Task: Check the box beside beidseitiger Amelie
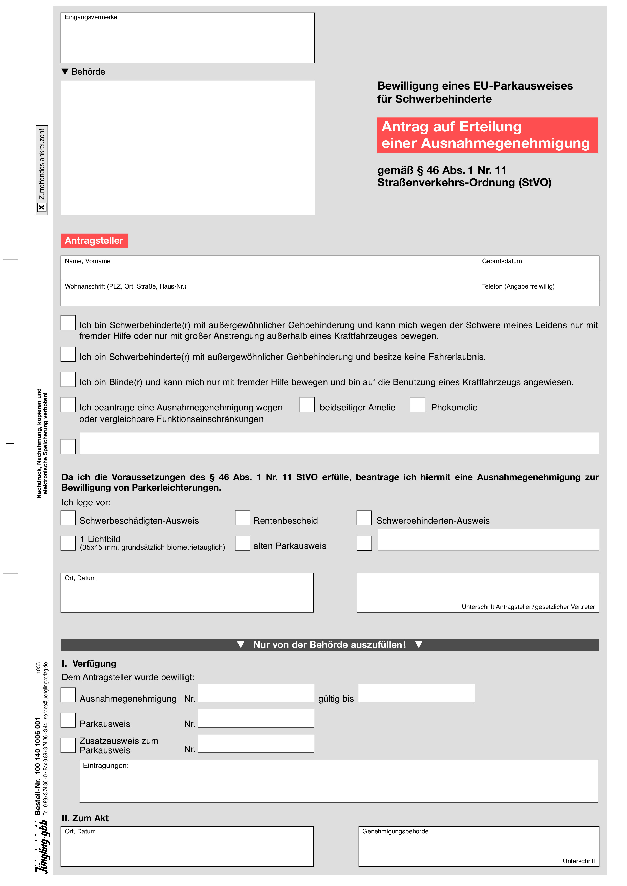307,405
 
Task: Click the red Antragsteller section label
94,241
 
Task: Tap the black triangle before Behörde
65,71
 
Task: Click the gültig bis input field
416,693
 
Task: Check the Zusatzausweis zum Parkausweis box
68,745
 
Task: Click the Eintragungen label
105,766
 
